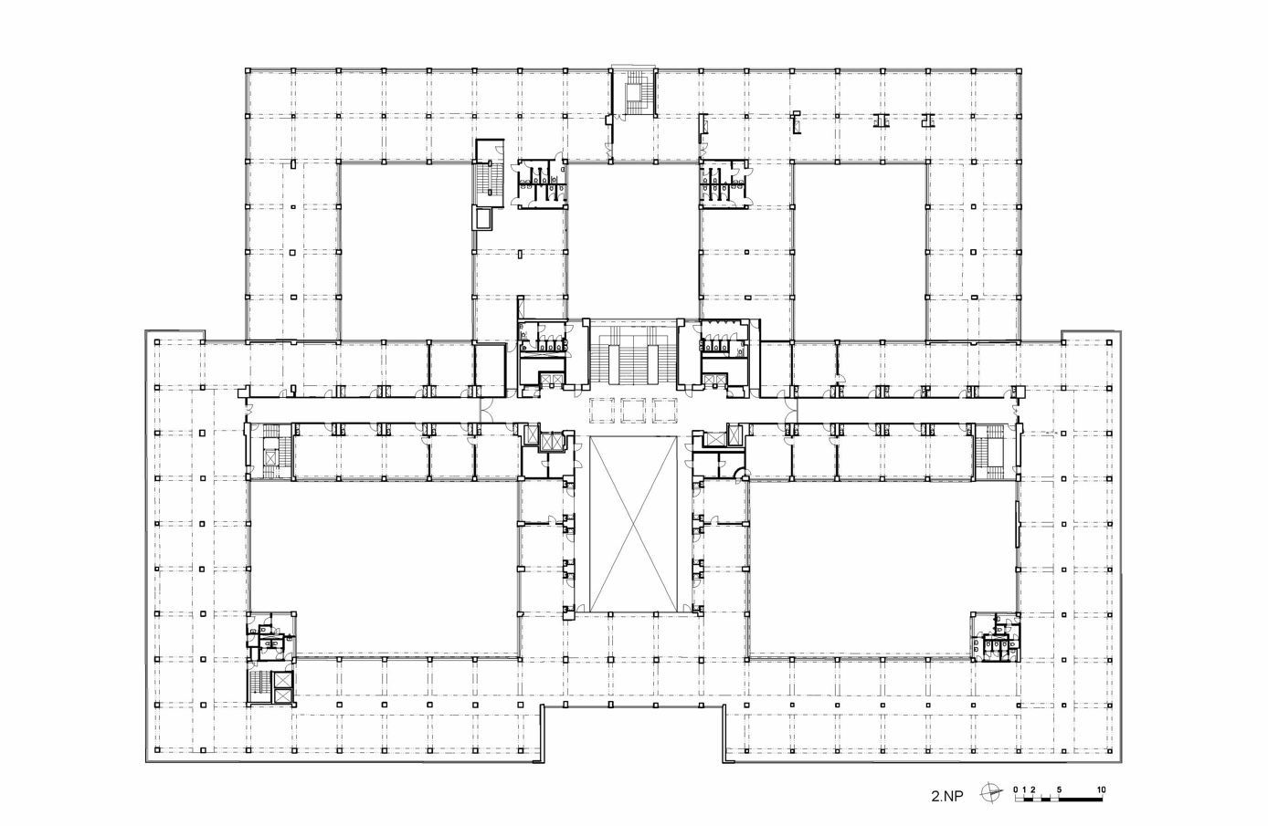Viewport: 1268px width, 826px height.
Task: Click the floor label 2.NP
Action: [x=947, y=797]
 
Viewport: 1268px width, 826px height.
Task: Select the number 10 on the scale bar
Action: [x=1101, y=789]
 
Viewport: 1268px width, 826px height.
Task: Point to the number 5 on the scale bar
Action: [x=1059, y=789]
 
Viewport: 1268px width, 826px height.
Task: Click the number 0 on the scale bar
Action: [x=1016, y=789]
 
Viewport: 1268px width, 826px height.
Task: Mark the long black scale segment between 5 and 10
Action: [x=1081, y=800]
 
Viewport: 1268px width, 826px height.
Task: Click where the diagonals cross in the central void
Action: [x=633, y=524]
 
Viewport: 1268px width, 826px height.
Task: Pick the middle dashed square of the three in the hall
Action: [x=633, y=411]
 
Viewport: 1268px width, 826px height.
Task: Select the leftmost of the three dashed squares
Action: [x=601, y=411]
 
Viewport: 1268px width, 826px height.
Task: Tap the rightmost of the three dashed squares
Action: [x=664, y=411]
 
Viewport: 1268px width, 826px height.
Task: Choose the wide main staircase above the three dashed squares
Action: [x=633, y=354]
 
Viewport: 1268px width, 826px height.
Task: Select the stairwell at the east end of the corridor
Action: [x=995, y=451]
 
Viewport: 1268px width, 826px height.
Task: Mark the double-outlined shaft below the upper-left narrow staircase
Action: [x=484, y=219]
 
